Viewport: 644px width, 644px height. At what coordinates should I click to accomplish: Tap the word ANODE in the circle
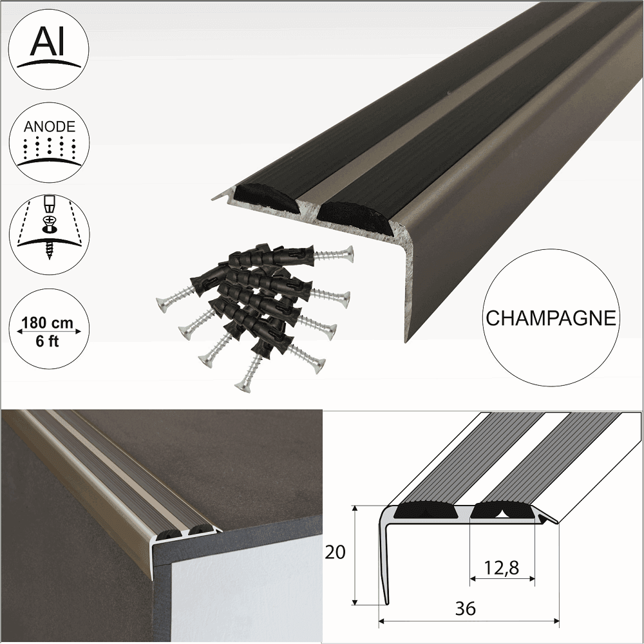[x=50, y=127]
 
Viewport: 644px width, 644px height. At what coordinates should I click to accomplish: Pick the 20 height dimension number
[x=336, y=553]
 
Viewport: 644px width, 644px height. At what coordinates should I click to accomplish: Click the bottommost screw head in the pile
[x=242, y=385]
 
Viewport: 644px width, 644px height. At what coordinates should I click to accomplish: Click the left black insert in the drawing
[x=426, y=511]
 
